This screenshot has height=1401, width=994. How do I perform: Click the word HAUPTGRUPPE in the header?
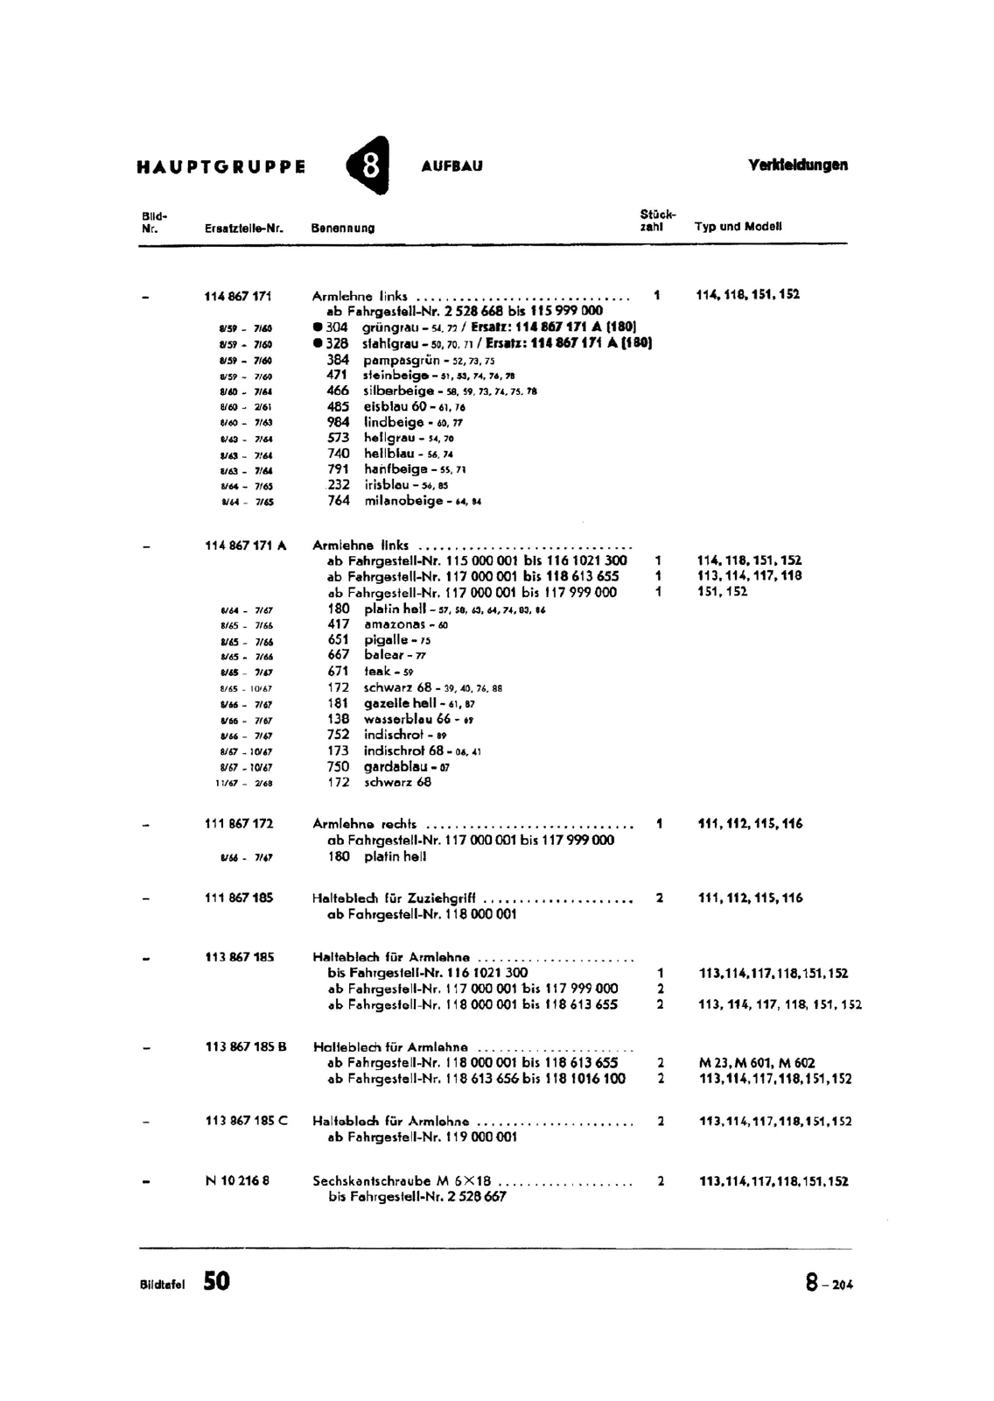[221, 166]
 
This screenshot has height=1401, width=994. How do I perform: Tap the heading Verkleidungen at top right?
[798, 165]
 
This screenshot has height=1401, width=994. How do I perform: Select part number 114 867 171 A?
[246, 545]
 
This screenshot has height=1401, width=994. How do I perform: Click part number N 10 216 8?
[237, 1180]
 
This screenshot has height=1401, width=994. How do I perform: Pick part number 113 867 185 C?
[246, 1121]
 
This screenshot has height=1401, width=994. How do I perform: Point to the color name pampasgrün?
[402, 359]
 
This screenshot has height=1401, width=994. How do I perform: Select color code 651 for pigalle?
[338, 639]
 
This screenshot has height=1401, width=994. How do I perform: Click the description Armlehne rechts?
[364, 824]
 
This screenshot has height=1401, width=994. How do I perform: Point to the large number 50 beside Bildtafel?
[216, 1281]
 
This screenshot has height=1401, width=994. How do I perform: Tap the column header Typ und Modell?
[738, 226]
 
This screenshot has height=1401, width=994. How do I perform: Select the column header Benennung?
[342, 228]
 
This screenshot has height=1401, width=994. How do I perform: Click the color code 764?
[338, 501]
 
